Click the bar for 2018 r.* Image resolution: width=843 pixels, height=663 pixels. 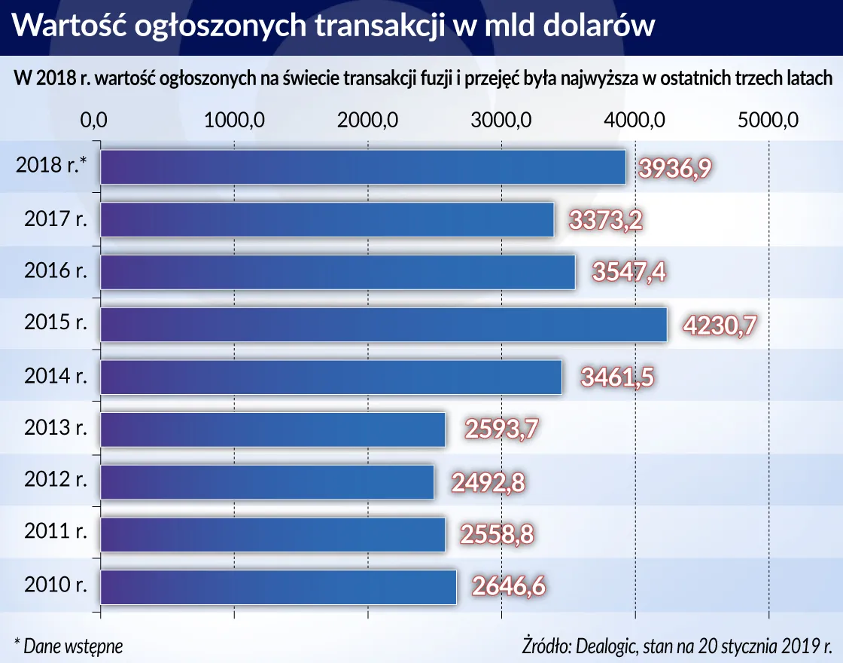tap(363, 167)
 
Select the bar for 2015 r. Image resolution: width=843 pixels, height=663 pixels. tap(383, 325)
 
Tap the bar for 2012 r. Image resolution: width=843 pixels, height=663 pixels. tap(267, 482)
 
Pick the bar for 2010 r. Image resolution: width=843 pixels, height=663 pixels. tap(278, 587)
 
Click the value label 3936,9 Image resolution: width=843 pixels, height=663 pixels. tap(674, 168)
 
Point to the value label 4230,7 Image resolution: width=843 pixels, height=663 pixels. tap(720, 325)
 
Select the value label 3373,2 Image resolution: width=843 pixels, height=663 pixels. tap(606, 221)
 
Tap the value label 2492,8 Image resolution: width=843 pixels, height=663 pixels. tap(487, 483)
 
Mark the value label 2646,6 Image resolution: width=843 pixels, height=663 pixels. tap(509, 587)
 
